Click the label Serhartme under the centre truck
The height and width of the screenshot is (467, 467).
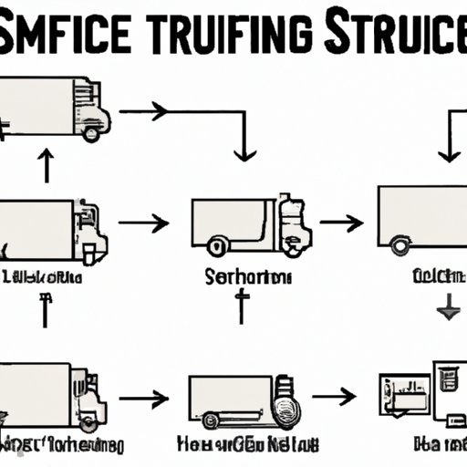coord(241,275)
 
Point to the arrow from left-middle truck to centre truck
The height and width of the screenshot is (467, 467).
coord(144,223)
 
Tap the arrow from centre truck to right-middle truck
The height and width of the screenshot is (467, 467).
coord(343,223)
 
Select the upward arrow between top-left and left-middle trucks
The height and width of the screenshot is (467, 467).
coord(44,167)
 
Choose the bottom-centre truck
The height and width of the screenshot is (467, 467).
coord(236,401)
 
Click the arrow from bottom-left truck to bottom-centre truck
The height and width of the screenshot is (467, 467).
coord(144,398)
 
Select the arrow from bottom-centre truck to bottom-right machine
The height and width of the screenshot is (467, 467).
coord(333,396)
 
